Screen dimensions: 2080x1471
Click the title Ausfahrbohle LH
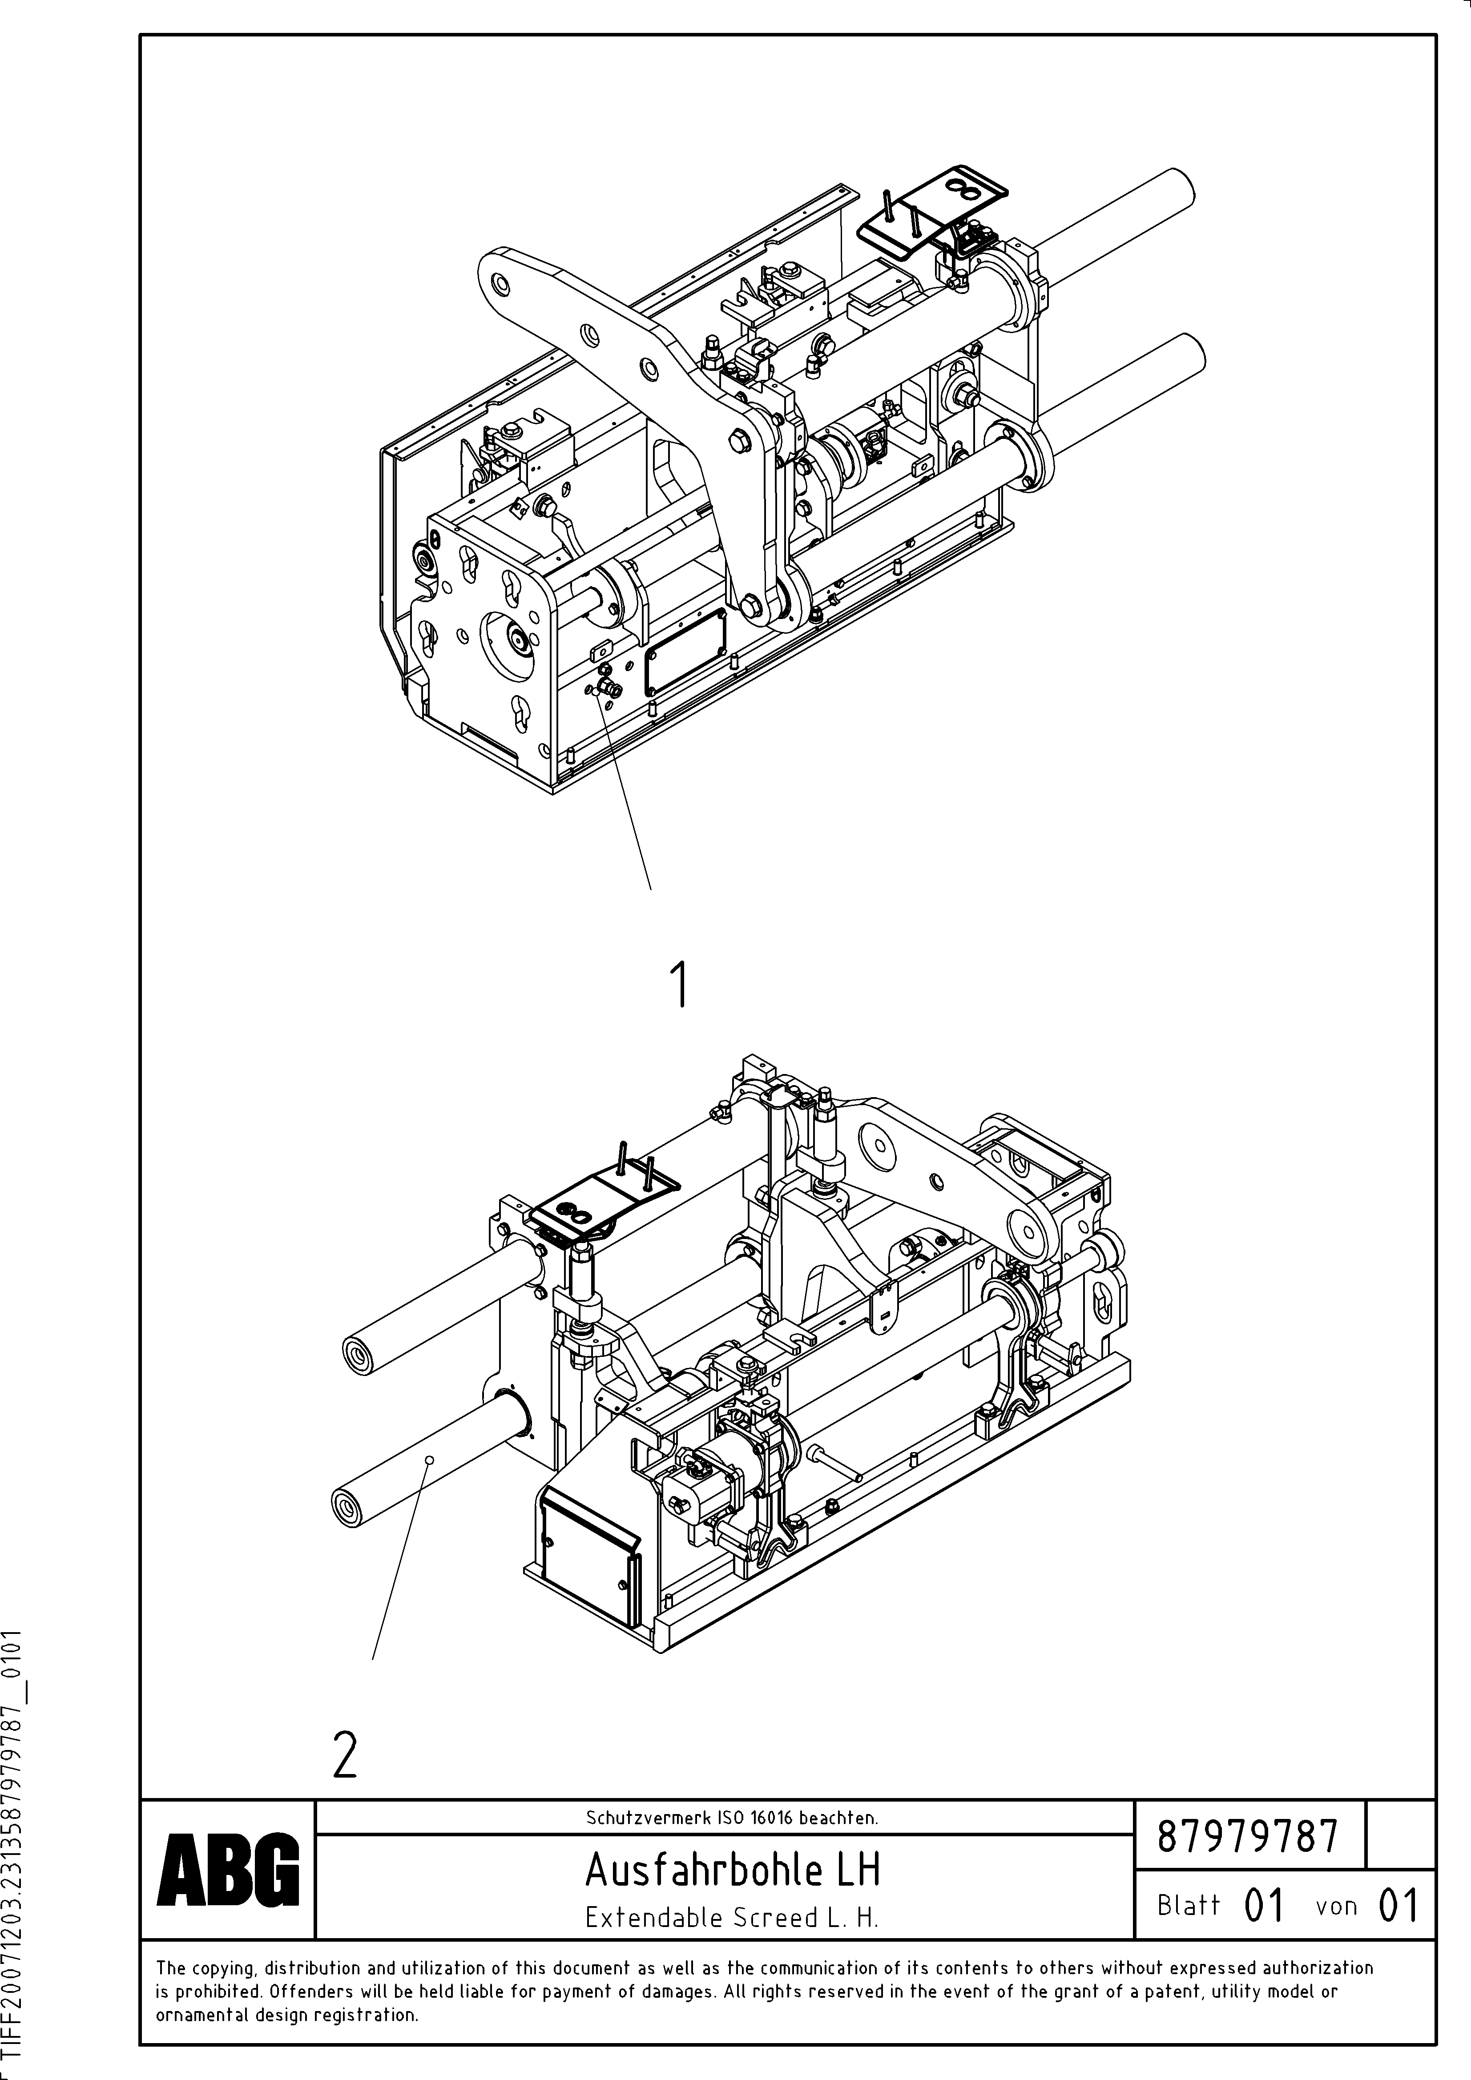click(732, 1869)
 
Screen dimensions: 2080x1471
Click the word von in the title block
click(1336, 1906)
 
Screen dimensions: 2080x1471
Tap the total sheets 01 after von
click(1397, 1906)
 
